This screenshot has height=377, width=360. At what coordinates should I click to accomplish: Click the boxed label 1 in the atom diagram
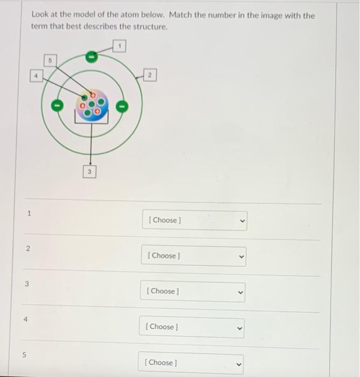point(121,47)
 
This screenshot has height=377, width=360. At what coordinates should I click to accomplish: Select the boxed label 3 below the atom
point(91,172)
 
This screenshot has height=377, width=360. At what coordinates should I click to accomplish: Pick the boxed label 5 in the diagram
point(50,60)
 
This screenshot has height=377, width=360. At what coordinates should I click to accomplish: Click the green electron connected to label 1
point(92,55)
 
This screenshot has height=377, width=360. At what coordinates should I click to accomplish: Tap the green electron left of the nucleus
point(55,104)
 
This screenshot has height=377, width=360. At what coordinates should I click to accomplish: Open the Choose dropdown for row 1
point(194,220)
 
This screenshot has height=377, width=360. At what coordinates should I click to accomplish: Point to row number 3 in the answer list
point(26,284)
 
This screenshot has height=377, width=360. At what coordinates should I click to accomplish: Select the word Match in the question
point(182,16)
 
